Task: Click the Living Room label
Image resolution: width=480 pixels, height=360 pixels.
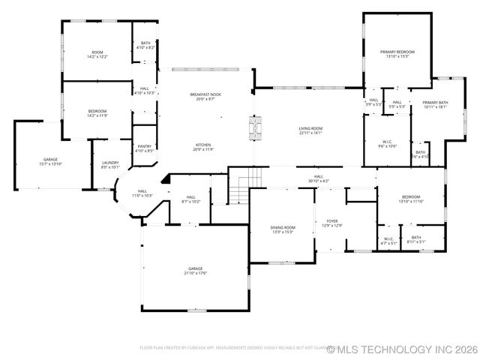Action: point(310,130)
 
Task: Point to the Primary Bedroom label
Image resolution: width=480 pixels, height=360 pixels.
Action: point(397,54)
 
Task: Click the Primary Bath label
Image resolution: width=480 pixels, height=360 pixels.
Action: point(434,104)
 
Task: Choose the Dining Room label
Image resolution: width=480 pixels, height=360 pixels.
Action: point(283,229)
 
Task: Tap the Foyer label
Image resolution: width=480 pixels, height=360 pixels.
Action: point(331,223)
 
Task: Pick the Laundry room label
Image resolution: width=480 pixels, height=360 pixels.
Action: point(110,164)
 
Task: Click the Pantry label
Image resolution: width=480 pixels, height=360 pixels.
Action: point(144,148)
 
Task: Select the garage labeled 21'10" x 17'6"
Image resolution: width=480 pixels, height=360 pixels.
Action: point(196,270)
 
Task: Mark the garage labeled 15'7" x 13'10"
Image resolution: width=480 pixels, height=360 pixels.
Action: point(50,161)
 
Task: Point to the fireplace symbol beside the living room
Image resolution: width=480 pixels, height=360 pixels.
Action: point(256,127)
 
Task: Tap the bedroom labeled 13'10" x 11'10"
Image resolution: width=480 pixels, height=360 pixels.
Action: point(410,199)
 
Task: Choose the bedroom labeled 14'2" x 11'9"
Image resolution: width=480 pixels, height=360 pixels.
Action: point(97,113)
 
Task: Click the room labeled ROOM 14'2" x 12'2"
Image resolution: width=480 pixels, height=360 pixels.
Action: point(97,54)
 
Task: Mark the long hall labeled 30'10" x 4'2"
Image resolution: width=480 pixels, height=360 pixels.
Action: point(318,178)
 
